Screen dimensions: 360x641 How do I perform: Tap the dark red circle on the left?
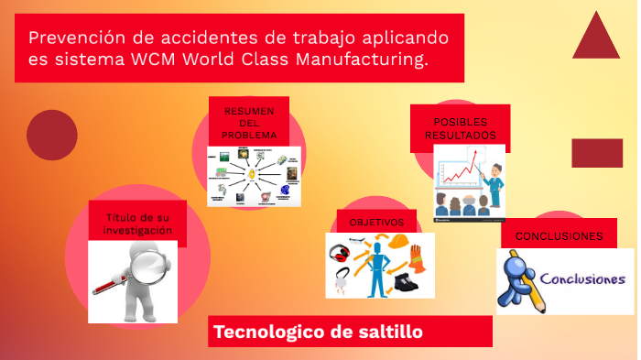(52, 135)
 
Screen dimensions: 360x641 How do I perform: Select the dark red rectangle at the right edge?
(597, 153)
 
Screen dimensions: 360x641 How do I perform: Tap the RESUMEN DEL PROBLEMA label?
(248, 124)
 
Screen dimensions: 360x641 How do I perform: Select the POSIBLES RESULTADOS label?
(460, 128)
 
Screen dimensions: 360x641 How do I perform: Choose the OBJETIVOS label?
(376, 223)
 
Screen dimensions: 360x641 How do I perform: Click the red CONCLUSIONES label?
(559, 236)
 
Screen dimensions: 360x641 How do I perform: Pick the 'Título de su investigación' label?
(138, 224)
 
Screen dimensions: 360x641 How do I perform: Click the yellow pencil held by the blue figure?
(531, 298)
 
